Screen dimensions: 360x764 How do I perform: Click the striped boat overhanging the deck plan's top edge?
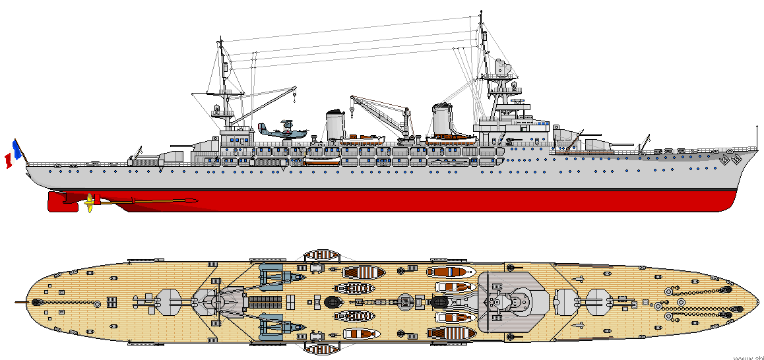[319, 255]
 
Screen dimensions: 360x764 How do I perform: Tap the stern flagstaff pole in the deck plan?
[21, 301]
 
